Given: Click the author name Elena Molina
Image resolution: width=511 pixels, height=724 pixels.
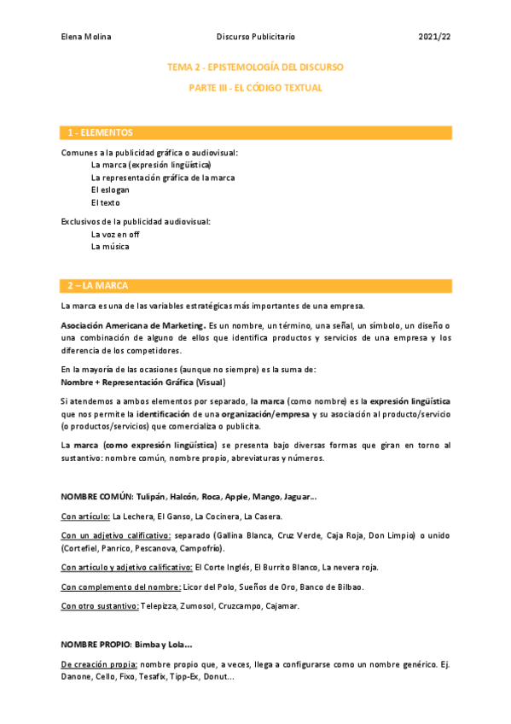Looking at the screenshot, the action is click(x=86, y=37).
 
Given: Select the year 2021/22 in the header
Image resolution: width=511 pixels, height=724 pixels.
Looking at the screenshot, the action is click(x=435, y=37).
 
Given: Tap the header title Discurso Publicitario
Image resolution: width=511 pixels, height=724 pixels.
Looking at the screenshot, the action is click(x=256, y=37).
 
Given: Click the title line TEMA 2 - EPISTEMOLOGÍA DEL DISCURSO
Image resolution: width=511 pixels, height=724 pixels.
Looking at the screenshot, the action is click(x=255, y=67).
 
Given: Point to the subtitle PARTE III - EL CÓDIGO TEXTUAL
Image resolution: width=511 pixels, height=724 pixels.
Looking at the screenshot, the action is click(x=255, y=88).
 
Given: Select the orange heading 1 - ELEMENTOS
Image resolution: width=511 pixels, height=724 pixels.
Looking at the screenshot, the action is click(x=101, y=132).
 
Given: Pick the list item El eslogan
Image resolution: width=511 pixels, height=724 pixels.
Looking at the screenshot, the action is click(x=111, y=190).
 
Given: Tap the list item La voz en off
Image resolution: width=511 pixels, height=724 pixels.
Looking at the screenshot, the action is click(x=115, y=234).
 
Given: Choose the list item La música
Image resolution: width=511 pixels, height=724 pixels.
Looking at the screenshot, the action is click(x=110, y=247).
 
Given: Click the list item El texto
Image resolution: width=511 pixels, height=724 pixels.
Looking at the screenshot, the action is click(x=105, y=202).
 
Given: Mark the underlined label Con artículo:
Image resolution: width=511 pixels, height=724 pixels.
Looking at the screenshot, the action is click(x=85, y=516).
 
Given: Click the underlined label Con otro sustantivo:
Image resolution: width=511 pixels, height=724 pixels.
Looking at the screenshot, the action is click(x=99, y=606).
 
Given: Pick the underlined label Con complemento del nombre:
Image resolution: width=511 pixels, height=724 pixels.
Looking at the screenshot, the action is click(x=120, y=587).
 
